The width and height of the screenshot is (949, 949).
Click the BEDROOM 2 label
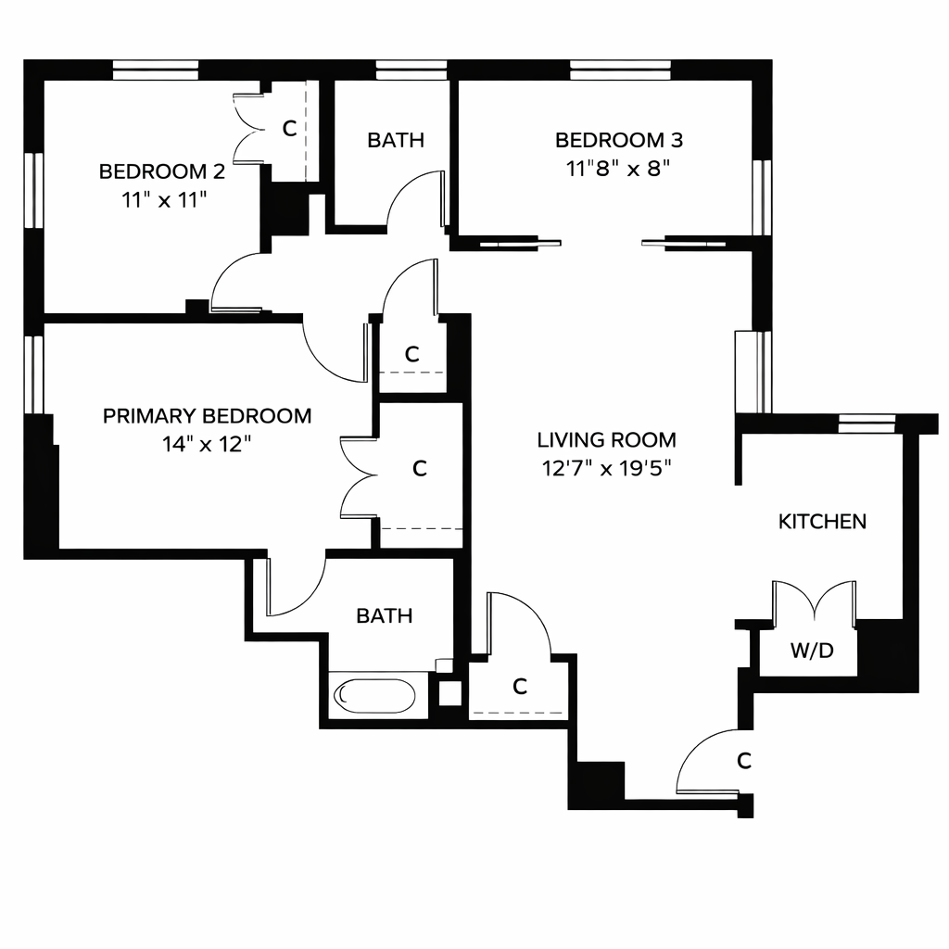(162, 171)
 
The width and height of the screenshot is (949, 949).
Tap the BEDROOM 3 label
(618, 141)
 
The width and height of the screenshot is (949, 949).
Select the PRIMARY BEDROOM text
(207, 416)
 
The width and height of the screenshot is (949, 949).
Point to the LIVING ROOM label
(606, 439)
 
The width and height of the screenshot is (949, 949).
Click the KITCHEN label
(822, 521)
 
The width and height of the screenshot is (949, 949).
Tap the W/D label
(812, 651)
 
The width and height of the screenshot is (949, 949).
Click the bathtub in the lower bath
(375, 695)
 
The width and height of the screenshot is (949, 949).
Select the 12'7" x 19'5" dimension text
(606, 467)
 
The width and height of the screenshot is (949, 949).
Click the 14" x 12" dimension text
(207, 444)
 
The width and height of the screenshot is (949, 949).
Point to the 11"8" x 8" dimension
(618, 169)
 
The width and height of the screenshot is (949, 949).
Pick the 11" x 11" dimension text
(162, 199)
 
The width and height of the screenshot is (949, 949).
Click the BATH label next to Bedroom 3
(396, 141)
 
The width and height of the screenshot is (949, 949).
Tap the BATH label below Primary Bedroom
(385, 615)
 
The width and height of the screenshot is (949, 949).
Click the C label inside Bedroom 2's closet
(289, 129)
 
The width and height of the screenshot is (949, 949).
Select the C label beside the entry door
(743, 761)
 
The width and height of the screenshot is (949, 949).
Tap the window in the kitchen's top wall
(867, 423)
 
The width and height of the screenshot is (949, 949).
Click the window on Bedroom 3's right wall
(763, 197)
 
